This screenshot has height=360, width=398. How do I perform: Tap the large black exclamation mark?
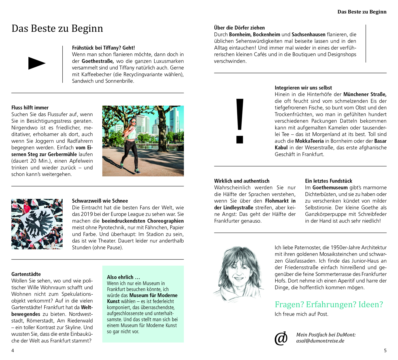(240, 121)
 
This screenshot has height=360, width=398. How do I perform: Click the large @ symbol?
(281, 338)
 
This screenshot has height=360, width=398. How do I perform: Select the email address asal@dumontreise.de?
(320, 341)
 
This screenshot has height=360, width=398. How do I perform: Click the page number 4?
(13, 350)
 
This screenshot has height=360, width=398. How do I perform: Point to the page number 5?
(385, 350)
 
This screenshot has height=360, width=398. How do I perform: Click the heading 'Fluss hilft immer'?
(30, 108)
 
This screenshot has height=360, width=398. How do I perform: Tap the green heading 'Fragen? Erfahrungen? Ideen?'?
(329, 304)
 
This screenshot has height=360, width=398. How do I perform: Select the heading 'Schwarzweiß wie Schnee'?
(100, 201)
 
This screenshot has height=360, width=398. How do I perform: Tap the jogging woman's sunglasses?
(133, 122)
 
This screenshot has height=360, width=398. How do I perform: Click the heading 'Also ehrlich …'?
(123, 277)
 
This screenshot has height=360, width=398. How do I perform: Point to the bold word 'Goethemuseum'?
(330, 188)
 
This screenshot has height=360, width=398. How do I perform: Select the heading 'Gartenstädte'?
(26, 274)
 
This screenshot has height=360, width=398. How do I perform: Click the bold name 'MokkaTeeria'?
(309, 141)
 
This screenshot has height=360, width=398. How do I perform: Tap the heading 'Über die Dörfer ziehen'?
(239, 28)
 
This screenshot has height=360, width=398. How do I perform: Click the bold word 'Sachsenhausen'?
(308, 34)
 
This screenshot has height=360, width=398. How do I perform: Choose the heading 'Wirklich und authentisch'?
(242, 181)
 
